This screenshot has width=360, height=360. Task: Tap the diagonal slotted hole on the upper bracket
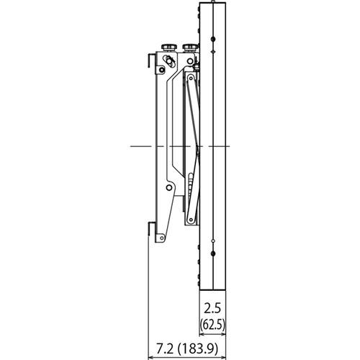(170, 60)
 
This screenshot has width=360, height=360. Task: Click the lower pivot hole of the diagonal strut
(189, 220)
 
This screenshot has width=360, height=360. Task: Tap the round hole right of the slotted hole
(181, 60)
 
